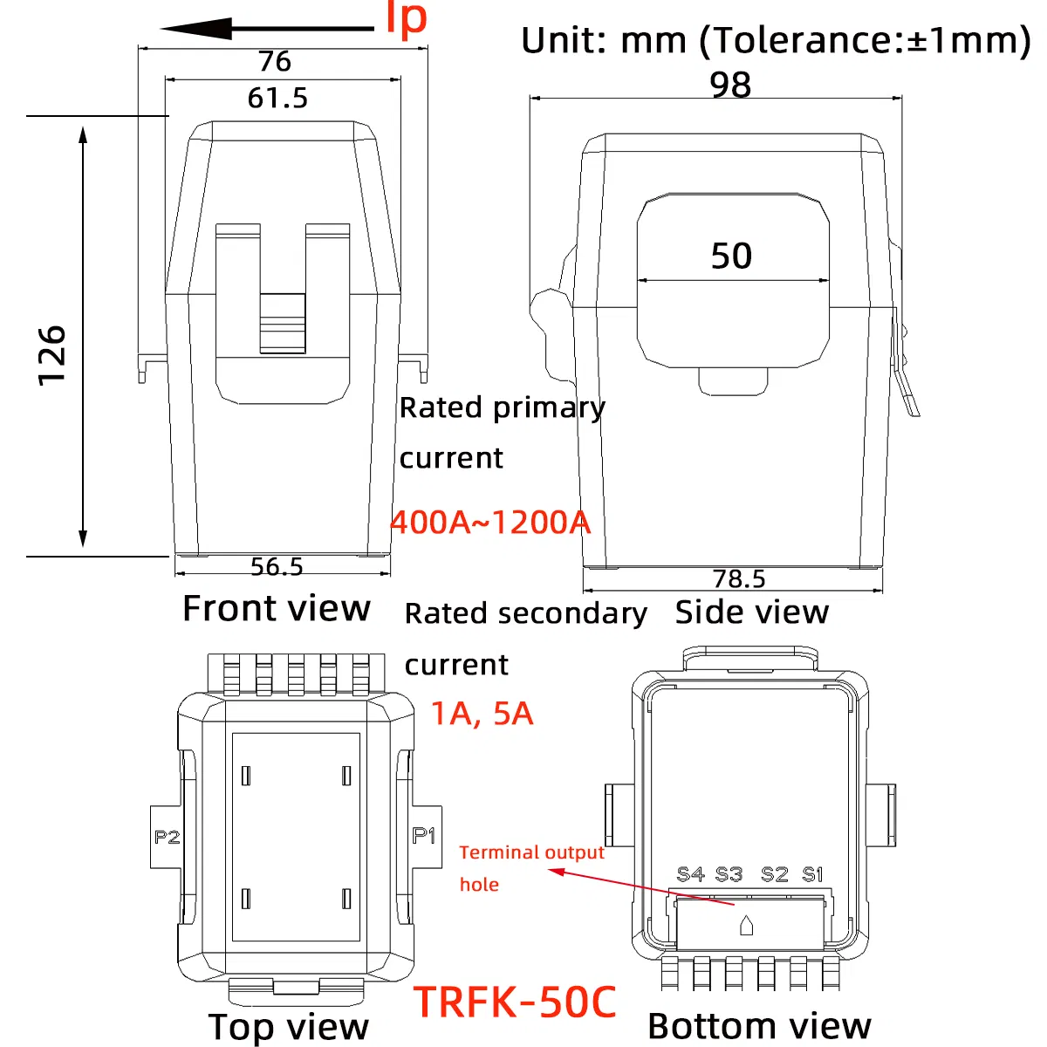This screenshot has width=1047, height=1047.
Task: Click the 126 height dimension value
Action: point(52,355)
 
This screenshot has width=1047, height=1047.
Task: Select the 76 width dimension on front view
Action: point(275,61)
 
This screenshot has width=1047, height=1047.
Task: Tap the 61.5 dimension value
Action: point(277,98)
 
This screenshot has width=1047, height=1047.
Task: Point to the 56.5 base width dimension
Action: point(277,567)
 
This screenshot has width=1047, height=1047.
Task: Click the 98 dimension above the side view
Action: point(730,86)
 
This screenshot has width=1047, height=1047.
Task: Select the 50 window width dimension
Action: point(731,256)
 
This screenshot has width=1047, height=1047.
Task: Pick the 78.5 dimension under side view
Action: point(739,578)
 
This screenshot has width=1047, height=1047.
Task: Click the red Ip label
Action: point(407,19)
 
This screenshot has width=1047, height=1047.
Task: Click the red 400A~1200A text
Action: point(490,522)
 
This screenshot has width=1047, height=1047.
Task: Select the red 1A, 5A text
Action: point(482,714)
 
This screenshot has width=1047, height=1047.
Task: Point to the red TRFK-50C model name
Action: point(515,1002)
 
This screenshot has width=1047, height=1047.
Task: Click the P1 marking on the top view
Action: point(424,836)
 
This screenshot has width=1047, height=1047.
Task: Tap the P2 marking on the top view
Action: point(167,838)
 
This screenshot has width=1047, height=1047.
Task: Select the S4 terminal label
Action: point(690,873)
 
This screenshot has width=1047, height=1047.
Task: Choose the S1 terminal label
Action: point(812,873)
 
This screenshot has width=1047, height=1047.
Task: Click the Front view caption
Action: point(277,608)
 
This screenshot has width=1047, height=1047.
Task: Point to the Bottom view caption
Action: point(759,1026)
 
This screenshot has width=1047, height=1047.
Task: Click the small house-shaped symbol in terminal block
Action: point(746,926)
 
